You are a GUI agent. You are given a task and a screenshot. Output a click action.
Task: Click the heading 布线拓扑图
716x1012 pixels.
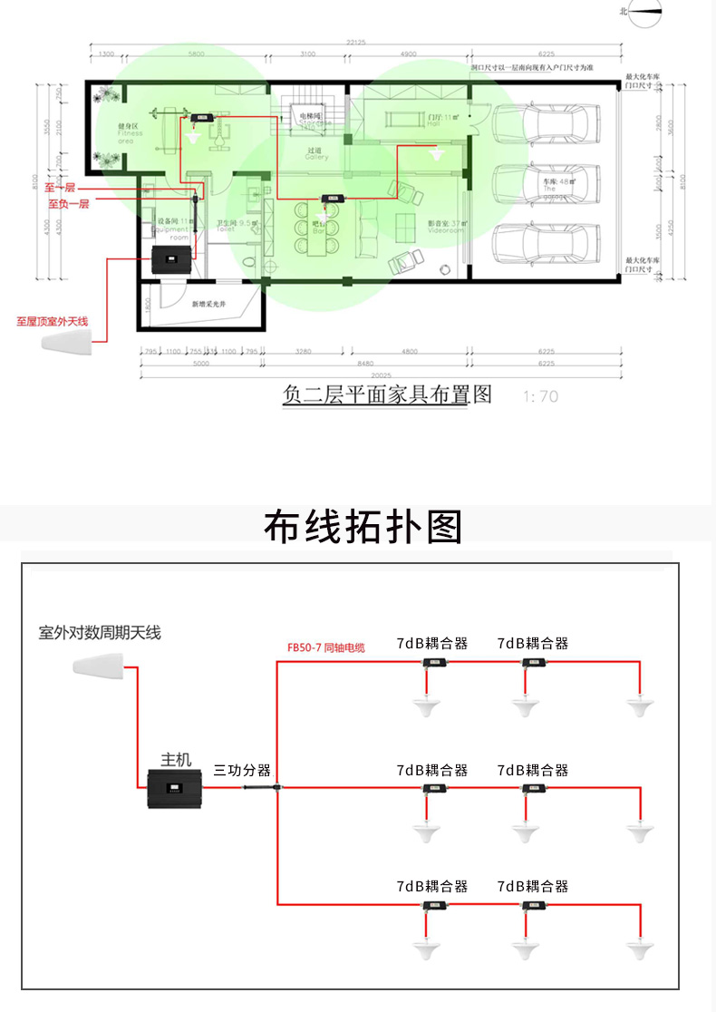pos(363,527)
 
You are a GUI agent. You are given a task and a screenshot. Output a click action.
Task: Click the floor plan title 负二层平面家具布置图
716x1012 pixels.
pos(387,394)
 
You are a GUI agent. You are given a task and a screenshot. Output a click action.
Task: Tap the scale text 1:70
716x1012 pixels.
pos(541,396)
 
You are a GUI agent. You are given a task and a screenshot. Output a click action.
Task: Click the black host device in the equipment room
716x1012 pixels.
pos(170,261)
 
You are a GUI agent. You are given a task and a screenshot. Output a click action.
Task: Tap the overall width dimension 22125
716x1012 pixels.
pos(355,43)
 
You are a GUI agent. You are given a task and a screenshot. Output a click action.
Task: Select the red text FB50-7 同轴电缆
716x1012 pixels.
pos(325,647)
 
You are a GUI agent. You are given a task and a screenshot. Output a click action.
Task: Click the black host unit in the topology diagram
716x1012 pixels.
pos(179,791)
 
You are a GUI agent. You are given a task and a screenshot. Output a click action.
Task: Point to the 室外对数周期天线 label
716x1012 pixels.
pos(100,633)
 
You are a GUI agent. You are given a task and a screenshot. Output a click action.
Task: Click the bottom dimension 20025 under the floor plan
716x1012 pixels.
pos(368,373)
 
